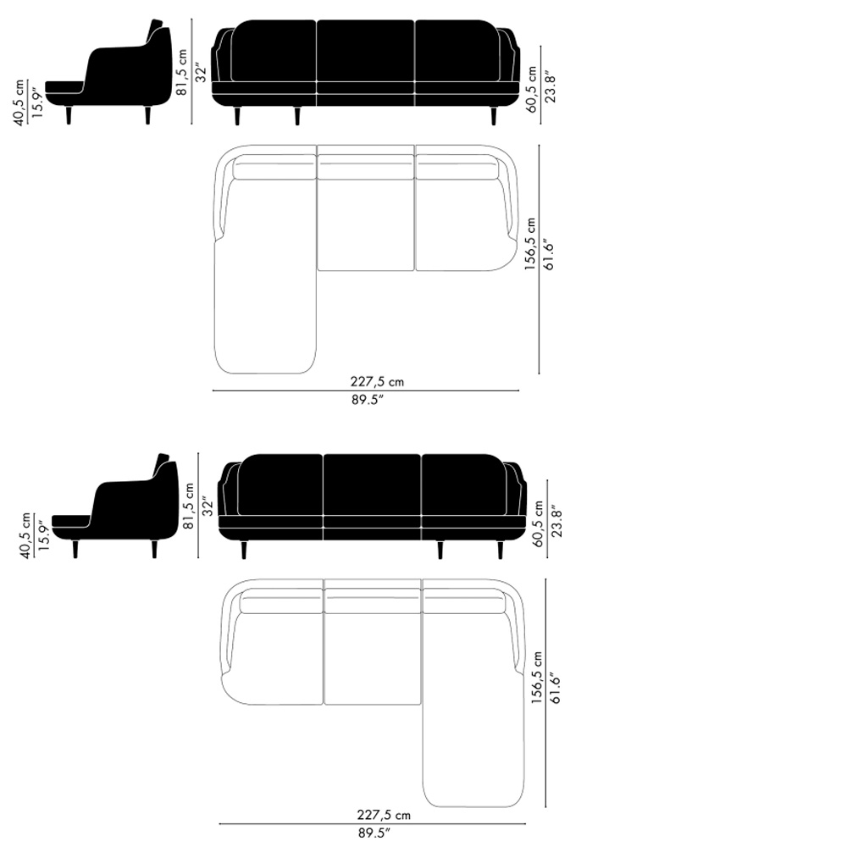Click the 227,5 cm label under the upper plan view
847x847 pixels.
[x=377, y=381]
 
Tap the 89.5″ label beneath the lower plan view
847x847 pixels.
[x=374, y=833]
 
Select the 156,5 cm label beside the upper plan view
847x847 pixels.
[x=530, y=244]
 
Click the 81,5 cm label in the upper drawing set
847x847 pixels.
[x=182, y=72]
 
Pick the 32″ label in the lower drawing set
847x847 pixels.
[x=208, y=507]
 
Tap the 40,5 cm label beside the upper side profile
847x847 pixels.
[x=19, y=102]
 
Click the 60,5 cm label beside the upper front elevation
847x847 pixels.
[x=532, y=89]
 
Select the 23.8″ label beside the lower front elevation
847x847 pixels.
[x=557, y=522]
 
